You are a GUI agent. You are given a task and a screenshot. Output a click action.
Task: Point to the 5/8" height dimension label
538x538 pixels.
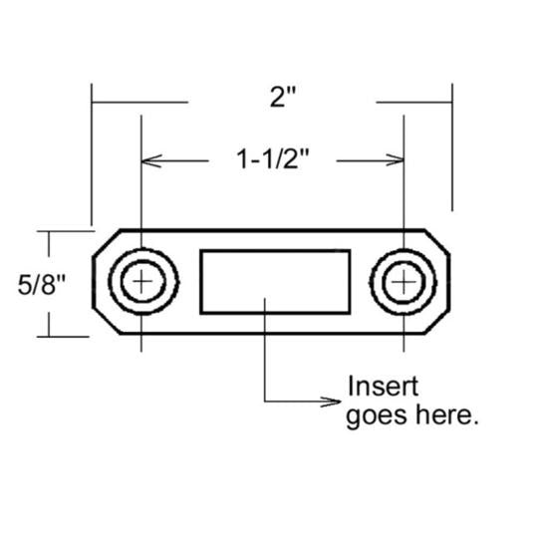[x=42, y=285]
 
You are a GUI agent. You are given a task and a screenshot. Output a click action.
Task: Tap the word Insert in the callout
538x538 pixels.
[x=382, y=387]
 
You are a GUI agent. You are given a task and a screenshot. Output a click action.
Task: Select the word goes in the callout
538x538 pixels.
[x=380, y=414]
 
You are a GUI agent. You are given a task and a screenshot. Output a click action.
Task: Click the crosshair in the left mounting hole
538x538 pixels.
[x=143, y=283]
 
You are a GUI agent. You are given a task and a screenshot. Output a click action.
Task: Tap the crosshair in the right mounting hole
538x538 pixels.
[x=403, y=283]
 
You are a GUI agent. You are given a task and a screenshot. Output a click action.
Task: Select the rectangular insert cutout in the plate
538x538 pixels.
[x=275, y=283]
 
